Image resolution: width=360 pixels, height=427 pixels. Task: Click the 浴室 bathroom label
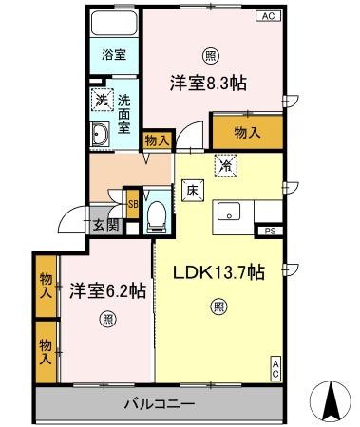[x=114, y=56]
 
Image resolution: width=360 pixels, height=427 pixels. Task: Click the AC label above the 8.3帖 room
[x=269, y=15]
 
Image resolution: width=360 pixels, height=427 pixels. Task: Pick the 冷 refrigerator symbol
[x=224, y=163]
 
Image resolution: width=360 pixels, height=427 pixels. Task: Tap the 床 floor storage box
[x=191, y=190]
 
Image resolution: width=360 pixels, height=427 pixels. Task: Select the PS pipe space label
[x=272, y=231]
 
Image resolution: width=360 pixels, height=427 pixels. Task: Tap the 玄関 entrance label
[x=104, y=225]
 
